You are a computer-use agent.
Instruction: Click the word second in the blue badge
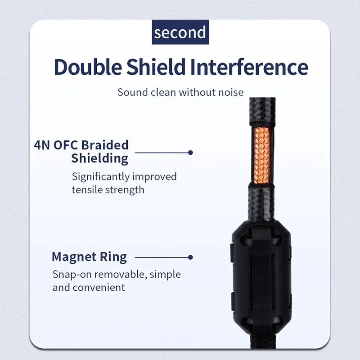(180, 32)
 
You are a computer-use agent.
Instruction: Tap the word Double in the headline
(88, 67)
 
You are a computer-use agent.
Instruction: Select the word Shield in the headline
(156, 67)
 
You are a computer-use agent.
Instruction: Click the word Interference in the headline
(249, 67)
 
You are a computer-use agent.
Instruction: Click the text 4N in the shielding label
(42, 145)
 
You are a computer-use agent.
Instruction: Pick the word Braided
(105, 145)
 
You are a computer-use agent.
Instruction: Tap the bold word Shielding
(99, 158)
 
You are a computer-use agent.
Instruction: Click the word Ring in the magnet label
(113, 257)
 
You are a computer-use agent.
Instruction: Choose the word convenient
(99, 288)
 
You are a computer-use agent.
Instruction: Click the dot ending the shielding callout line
(190, 153)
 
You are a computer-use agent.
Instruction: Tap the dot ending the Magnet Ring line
(190, 257)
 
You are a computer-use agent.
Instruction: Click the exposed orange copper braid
(262, 155)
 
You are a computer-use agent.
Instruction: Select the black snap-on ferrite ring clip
(261, 277)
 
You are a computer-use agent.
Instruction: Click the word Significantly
(100, 177)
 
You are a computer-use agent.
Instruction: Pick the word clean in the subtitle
(163, 92)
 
